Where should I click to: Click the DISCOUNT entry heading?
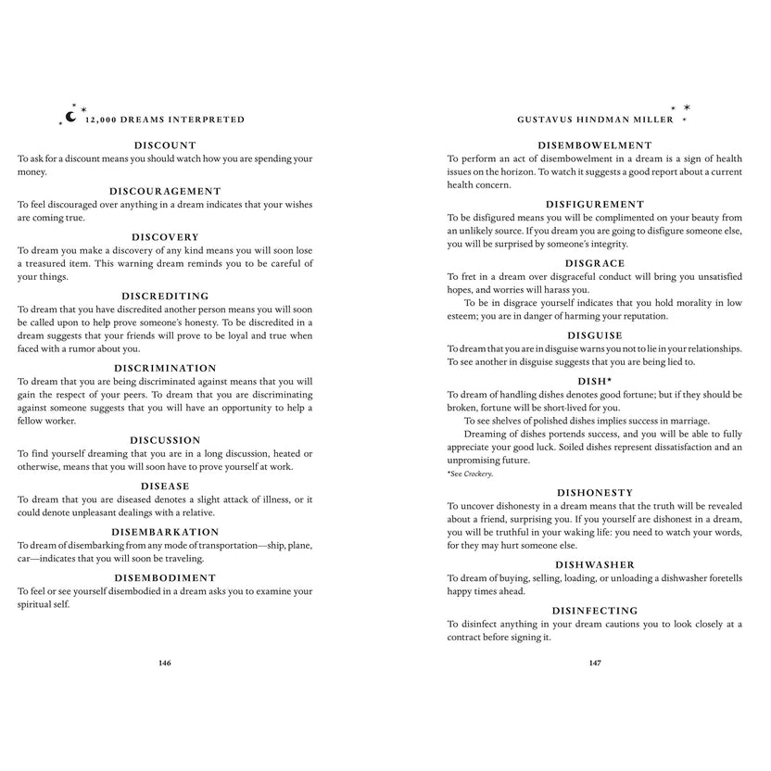tap(165, 145)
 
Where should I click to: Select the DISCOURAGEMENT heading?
tap(165, 191)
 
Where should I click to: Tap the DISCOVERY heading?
tap(165, 237)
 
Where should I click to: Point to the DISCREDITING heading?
tap(165, 297)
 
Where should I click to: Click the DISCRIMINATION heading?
tap(165, 368)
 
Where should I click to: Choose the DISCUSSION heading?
tap(165, 440)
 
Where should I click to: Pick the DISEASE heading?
tap(165, 486)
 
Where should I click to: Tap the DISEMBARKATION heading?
tap(165, 532)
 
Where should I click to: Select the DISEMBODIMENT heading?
tap(165, 577)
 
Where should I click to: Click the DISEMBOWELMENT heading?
tap(595, 145)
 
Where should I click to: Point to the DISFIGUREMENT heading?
tap(595, 204)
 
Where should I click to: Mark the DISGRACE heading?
tap(595, 263)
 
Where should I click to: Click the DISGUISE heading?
tap(595, 335)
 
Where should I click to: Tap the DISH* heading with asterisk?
tap(595, 380)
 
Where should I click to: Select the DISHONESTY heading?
tap(595, 492)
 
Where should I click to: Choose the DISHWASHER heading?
tap(595, 564)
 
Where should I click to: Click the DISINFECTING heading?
tap(595, 611)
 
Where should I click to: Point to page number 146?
tap(165, 663)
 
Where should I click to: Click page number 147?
tap(595, 663)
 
